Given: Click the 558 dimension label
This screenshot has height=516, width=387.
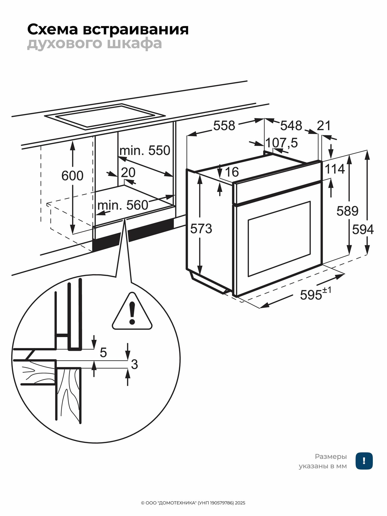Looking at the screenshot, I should [224, 126].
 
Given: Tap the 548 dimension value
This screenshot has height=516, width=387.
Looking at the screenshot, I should [291, 126].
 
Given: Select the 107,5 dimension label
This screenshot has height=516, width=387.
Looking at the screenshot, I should [281, 143].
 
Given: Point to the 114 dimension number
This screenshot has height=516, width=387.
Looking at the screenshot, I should [335, 170].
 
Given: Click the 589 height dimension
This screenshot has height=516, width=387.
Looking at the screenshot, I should [347, 211].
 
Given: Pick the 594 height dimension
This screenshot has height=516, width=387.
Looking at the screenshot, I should [363, 229].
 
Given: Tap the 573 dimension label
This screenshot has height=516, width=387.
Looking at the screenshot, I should [201, 229].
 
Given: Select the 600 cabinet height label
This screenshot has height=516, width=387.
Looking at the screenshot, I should [72, 176].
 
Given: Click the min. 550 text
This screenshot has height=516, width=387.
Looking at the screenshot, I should [145, 150].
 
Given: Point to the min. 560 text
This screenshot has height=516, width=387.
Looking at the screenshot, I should [123, 205].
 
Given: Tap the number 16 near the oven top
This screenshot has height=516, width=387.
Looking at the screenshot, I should [232, 172].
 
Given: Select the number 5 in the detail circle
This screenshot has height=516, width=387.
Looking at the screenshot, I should [103, 352].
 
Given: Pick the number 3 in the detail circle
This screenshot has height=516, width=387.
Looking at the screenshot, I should [134, 364].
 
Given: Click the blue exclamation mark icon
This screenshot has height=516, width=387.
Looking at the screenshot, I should [364, 461].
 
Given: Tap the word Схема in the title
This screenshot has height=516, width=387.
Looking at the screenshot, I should [52, 29].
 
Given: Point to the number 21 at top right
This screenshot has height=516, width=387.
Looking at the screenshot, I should [324, 126].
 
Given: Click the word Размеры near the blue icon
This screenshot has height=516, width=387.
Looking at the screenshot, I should [331, 456].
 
